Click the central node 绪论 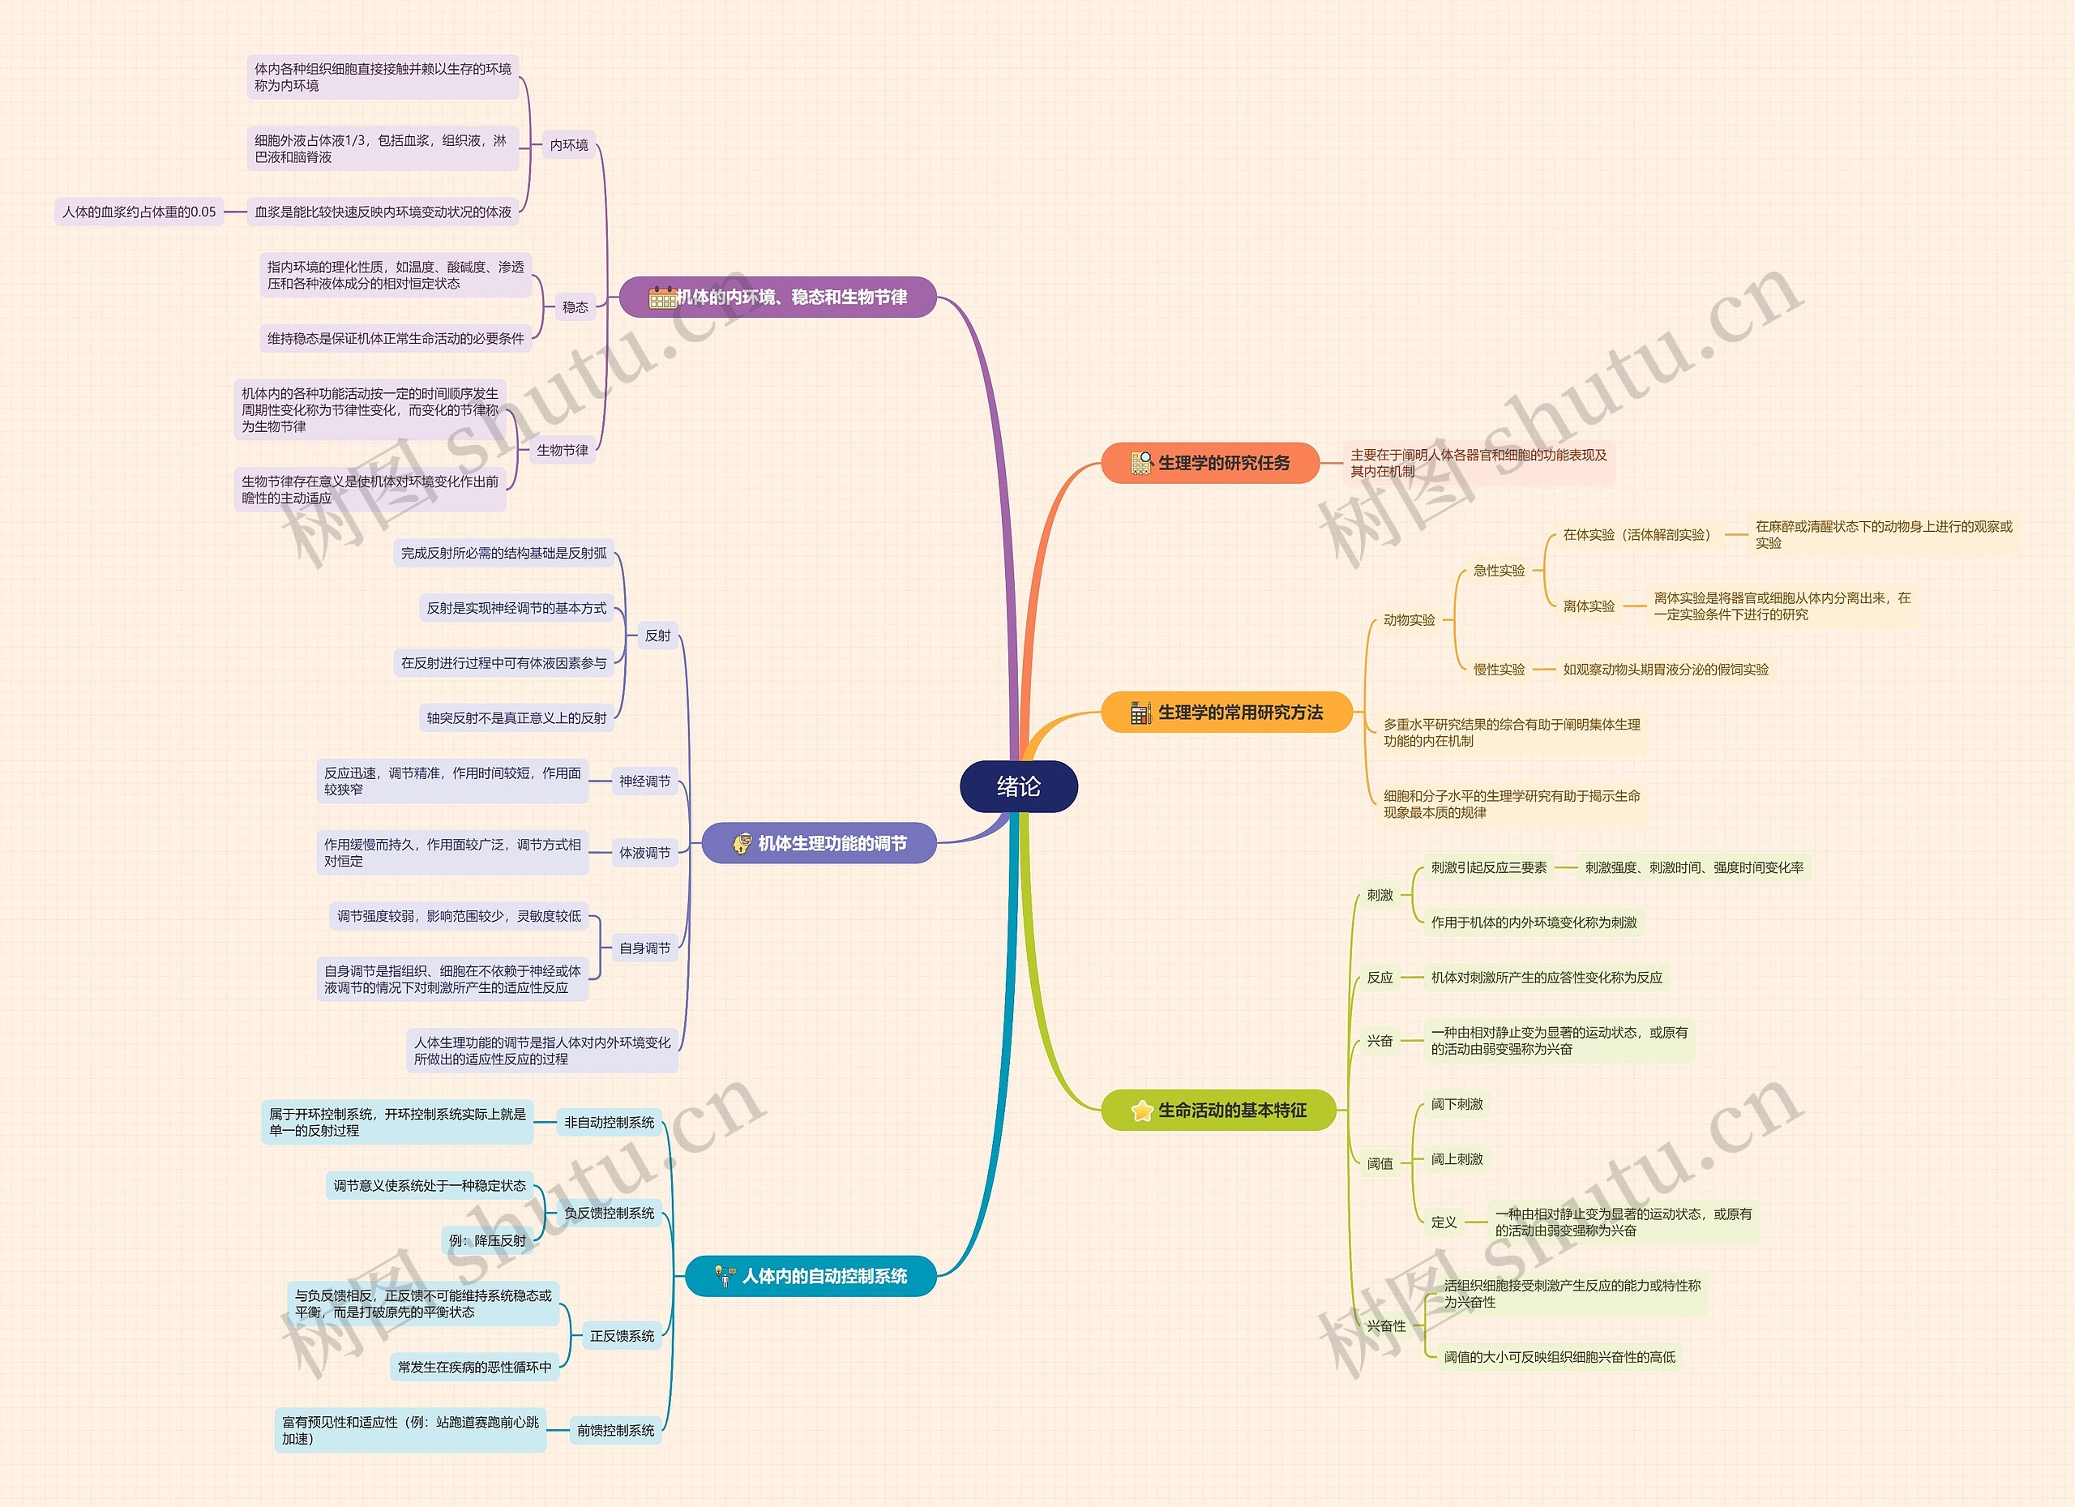click(x=1018, y=786)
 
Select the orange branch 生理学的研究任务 click(x=1209, y=463)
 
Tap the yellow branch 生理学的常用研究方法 click(x=1227, y=712)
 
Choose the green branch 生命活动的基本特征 click(x=1218, y=1110)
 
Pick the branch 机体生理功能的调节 click(x=819, y=843)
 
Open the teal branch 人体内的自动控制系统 click(x=811, y=1275)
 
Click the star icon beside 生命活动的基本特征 click(x=1142, y=1111)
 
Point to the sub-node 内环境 click(x=568, y=144)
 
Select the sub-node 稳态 click(x=575, y=307)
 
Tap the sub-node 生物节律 click(x=562, y=450)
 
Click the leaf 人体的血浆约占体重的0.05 click(x=139, y=212)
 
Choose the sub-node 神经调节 click(x=644, y=781)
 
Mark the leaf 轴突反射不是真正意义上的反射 click(x=516, y=718)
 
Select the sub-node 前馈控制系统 click(x=615, y=1430)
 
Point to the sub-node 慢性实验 click(x=1499, y=670)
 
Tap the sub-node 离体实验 click(x=1589, y=606)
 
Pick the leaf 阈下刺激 click(x=1457, y=1104)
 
